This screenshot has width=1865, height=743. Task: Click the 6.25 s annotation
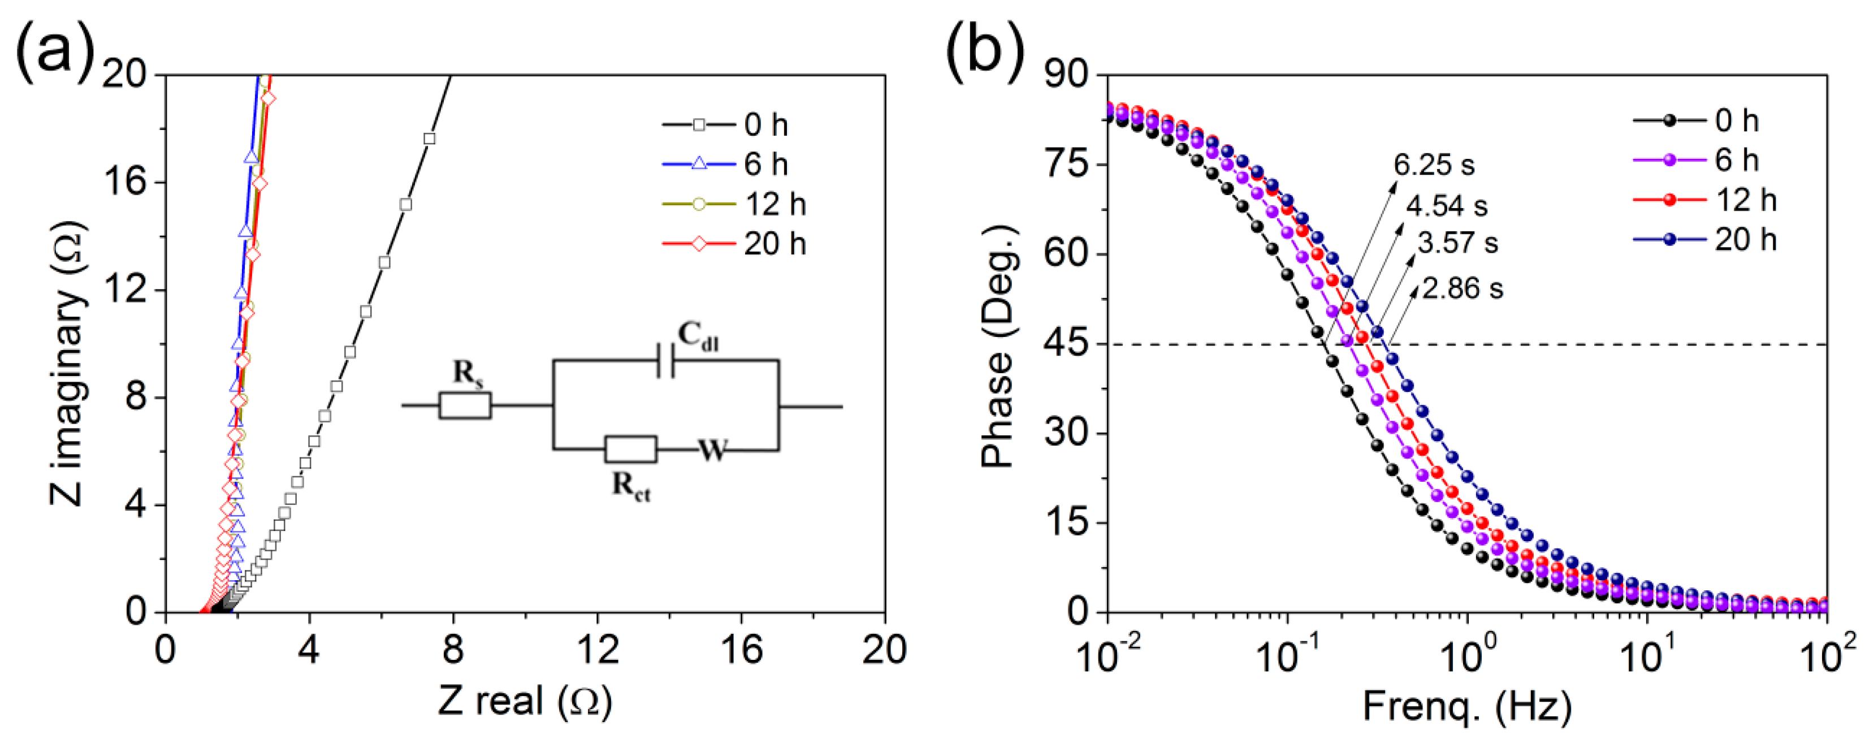tap(1434, 165)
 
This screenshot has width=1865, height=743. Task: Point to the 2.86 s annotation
tap(1462, 289)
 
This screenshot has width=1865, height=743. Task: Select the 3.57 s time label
tap(1457, 243)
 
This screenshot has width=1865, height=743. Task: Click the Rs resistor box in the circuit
tap(465, 405)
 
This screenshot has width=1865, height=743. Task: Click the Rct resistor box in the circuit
tap(630, 450)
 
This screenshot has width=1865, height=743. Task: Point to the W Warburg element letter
tap(712, 451)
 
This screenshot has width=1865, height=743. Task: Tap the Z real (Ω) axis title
tap(524, 701)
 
